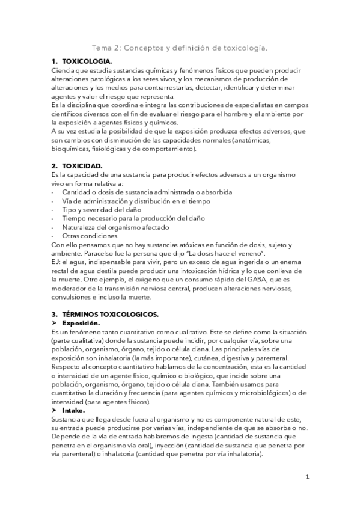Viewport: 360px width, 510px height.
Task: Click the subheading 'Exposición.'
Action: (x=82, y=323)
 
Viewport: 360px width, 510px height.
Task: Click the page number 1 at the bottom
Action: (x=307, y=478)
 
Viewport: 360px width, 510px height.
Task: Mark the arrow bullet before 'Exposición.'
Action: (x=55, y=323)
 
